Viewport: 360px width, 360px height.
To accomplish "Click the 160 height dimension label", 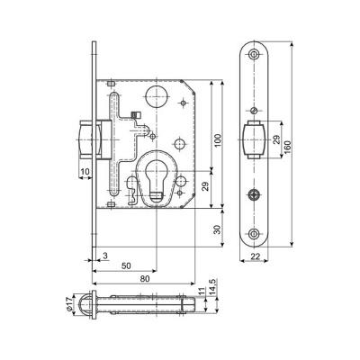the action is (x=287, y=147).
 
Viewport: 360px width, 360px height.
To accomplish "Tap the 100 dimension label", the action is (x=218, y=140).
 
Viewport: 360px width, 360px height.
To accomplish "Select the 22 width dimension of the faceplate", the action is (x=255, y=256).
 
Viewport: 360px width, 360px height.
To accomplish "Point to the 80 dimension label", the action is (x=145, y=279).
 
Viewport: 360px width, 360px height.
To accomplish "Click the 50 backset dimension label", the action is (x=126, y=266).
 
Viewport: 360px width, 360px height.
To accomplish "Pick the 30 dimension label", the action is (x=218, y=229).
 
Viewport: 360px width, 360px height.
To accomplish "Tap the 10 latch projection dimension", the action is (x=85, y=172).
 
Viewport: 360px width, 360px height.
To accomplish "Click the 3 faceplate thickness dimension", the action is (x=105, y=256).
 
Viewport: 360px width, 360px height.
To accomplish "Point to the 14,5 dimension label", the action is (x=212, y=286).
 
